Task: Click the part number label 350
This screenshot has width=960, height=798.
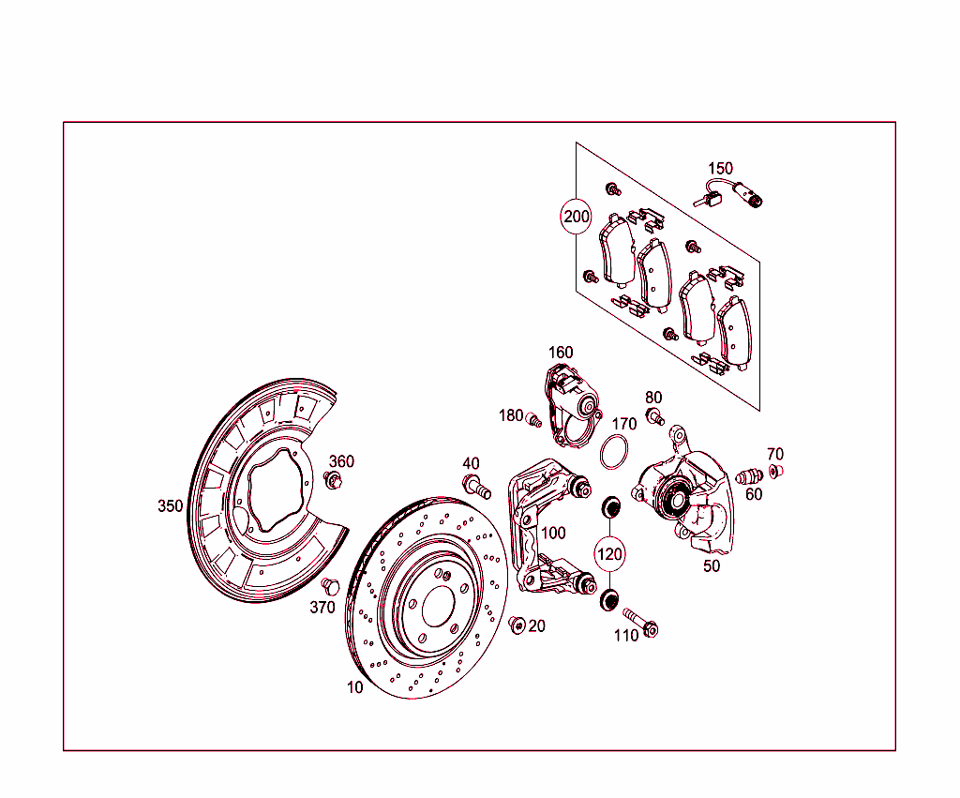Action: tap(170, 506)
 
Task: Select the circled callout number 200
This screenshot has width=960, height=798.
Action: tap(576, 217)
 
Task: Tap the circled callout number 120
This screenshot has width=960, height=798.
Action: tap(609, 554)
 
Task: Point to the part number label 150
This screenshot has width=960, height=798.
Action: tap(720, 169)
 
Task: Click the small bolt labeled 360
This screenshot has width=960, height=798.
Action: tap(333, 481)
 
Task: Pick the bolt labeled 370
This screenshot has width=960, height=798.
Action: tap(329, 587)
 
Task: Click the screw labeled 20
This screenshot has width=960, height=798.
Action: tap(515, 624)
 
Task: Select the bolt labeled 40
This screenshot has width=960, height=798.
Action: tap(476, 487)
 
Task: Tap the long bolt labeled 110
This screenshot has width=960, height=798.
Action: tap(639, 622)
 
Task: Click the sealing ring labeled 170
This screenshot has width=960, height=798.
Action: tap(614, 451)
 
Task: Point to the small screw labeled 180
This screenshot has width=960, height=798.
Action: tap(535, 420)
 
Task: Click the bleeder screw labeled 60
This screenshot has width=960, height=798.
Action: tap(749, 475)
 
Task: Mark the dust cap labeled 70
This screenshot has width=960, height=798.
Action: tap(775, 470)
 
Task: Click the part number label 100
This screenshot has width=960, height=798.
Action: tap(553, 533)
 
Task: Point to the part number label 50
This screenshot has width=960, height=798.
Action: tap(712, 565)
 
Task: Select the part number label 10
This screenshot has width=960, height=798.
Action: tap(354, 687)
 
